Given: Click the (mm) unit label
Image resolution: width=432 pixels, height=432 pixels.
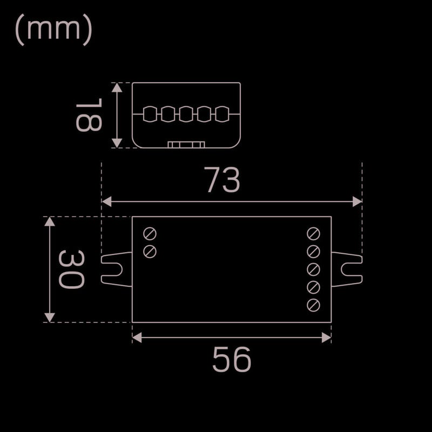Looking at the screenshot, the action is coord(53,30).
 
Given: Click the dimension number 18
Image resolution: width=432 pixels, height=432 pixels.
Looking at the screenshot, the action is coord(89,115).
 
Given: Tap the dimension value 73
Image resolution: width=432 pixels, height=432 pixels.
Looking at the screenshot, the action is coord(222,179).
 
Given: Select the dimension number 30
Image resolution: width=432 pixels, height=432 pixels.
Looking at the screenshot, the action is coord(71,269).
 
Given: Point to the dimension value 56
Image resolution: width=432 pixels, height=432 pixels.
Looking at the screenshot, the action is coord(232,359).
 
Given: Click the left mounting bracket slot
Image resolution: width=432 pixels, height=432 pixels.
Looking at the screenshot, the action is coord(112,269).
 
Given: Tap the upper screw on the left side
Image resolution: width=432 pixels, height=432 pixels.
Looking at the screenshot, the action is coord(150,234).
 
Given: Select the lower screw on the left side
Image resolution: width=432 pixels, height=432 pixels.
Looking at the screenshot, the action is coord(150,252).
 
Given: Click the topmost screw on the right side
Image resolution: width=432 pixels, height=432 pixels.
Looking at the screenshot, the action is coord(313,234).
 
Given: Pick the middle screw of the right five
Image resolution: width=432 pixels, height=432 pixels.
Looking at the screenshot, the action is coord(313,269).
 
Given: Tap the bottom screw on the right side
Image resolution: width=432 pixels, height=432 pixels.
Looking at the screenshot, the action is coord(313,305).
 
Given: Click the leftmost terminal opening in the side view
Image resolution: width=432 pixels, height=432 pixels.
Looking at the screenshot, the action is coord(150,114).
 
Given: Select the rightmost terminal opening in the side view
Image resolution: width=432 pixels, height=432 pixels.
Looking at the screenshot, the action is coord(222,114).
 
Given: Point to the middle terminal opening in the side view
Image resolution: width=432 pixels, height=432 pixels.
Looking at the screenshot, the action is coord(186,114).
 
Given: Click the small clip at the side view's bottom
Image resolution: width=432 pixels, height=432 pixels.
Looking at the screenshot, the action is coord(186,145).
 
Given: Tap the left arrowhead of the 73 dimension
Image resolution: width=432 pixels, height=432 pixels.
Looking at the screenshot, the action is coord(106,201).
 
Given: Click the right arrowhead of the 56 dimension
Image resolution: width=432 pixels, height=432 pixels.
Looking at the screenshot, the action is coord(327,337).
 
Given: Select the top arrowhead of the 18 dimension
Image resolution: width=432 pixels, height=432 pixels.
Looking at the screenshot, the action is coord(117,87).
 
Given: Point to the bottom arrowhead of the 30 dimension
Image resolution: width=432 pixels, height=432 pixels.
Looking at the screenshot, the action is coord(50,318).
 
